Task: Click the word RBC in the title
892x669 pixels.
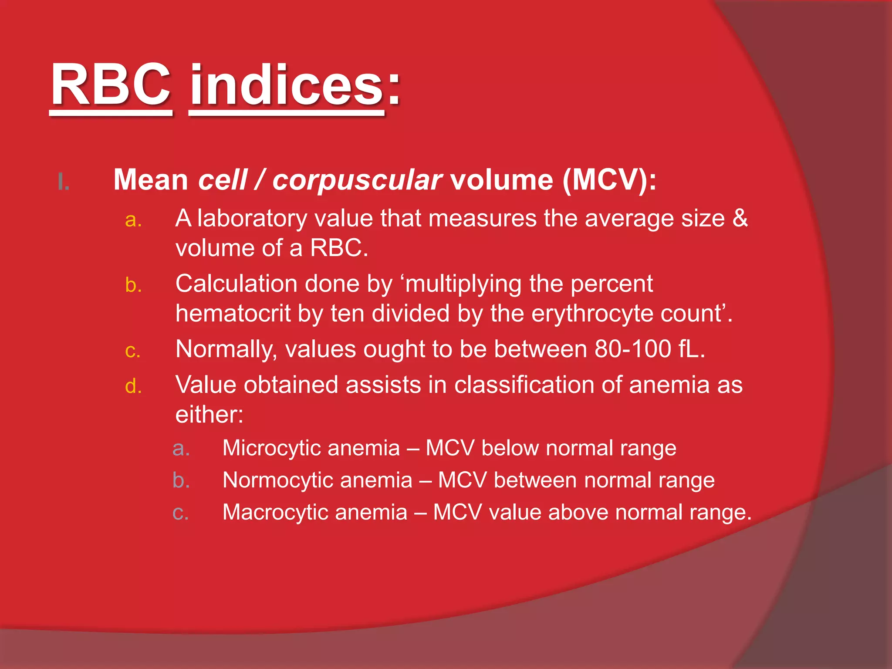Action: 111,85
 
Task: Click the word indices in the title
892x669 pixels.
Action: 287,85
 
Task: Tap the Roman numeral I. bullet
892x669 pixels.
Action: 64,182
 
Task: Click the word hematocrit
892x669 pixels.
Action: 233,313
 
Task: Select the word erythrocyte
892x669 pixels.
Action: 592,314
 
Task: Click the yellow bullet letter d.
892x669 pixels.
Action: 133,386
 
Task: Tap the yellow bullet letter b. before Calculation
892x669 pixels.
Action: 133,285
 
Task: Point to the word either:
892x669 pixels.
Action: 209,415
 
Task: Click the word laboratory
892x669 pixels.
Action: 252,219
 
